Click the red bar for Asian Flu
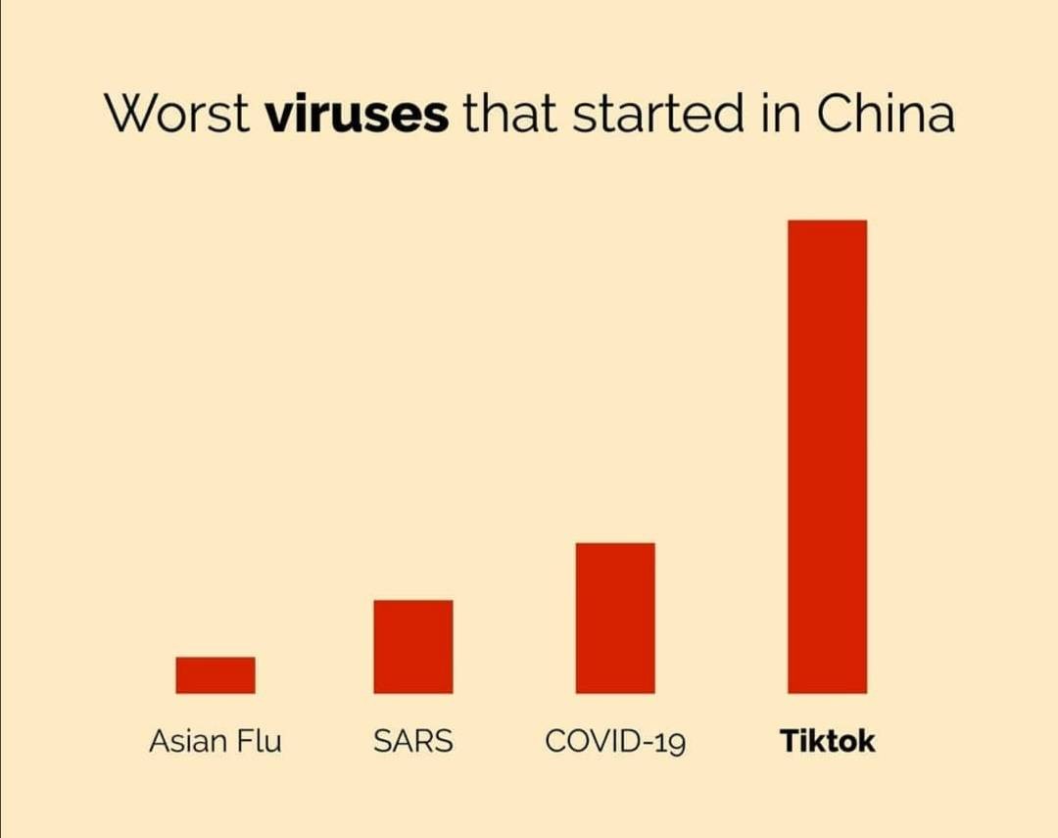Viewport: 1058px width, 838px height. (216, 675)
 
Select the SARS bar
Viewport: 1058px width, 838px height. (413, 647)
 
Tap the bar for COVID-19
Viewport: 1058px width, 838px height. (615, 618)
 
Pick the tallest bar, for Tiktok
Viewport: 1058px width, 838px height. (827, 457)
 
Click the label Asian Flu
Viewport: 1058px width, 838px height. (215, 741)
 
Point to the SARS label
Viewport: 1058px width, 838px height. (413, 741)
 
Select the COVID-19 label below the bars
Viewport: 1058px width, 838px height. (615, 741)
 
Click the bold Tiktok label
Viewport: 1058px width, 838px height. (828, 741)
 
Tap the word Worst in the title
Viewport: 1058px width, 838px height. (176, 116)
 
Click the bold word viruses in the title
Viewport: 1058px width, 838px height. (358, 116)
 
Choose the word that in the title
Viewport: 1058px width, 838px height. (509, 116)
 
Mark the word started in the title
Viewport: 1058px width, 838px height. (657, 116)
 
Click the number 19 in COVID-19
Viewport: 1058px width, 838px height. (671, 742)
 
